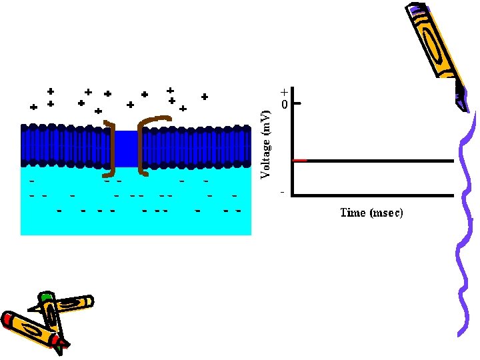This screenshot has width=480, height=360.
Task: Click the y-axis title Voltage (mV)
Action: pyautogui.click(x=266, y=145)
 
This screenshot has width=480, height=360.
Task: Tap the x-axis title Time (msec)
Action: pyautogui.click(x=371, y=213)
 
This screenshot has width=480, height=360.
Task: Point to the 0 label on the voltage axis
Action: pyautogui.click(x=284, y=105)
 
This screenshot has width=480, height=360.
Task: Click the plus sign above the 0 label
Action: pyautogui.click(x=284, y=92)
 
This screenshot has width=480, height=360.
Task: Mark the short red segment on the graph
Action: pyautogui.click(x=300, y=161)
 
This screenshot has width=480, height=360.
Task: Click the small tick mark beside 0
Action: pyautogui.click(x=297, y=104)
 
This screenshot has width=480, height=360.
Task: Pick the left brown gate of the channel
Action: pyautogui.click(x=113, y=147)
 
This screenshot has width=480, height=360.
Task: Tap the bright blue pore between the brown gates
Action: pyautogui.click(x=127, y=148)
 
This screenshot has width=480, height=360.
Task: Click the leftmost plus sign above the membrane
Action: pyautogui.click(x=33, y=107)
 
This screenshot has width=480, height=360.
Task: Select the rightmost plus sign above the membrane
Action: pyautogui.click(x=204, y=97)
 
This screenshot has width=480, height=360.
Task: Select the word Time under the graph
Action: pyautogui.click(x=352, y=213)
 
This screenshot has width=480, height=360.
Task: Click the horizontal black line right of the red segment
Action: pyautogui.click(x=380, y=161)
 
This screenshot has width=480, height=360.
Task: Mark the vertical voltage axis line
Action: pyautogui.click(x=293, y=143)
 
